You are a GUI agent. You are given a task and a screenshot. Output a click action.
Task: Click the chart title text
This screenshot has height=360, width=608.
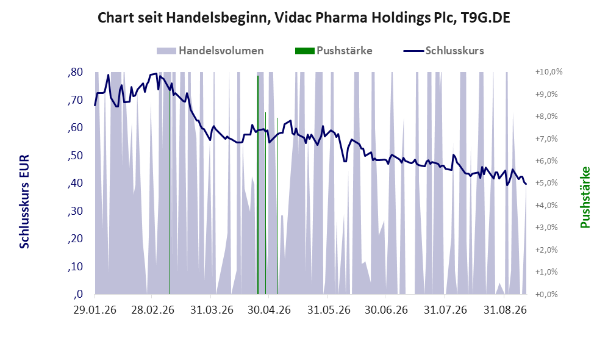[304, 18]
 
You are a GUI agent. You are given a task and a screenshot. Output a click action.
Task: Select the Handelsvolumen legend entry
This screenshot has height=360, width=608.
[210, 51]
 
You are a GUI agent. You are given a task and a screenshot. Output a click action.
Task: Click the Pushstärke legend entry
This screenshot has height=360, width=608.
[334, 51]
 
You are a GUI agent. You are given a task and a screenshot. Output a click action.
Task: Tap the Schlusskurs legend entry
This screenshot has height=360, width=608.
[443, 51]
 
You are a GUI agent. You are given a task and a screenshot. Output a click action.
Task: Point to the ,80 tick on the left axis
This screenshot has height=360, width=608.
[75, 72]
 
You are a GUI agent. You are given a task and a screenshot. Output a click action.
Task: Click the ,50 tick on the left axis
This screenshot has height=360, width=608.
[75, 156]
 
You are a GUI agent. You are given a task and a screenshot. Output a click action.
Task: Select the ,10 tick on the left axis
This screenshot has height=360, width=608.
[75, 267]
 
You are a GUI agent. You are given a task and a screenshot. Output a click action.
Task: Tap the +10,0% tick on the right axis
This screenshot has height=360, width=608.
[549, 72]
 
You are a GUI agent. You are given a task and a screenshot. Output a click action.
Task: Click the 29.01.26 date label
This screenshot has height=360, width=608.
[95, 311]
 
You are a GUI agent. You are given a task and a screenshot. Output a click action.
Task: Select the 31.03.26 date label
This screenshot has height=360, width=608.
[212, 311]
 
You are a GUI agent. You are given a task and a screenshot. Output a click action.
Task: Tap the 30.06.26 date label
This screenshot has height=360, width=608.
[386, 311]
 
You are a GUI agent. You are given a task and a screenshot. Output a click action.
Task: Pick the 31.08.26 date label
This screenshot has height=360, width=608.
[505, 311]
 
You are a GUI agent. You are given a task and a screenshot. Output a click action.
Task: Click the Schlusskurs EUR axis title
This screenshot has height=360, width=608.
[24, 202]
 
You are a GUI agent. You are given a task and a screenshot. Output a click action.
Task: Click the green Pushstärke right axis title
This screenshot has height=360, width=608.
[585, 197]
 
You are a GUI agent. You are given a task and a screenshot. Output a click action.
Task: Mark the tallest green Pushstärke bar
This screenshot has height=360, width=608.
[258, 185]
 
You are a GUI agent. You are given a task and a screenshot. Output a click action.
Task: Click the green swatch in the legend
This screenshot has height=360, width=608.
[304, 51]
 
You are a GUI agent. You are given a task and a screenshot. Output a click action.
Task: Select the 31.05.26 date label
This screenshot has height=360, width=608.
[329, 311]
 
